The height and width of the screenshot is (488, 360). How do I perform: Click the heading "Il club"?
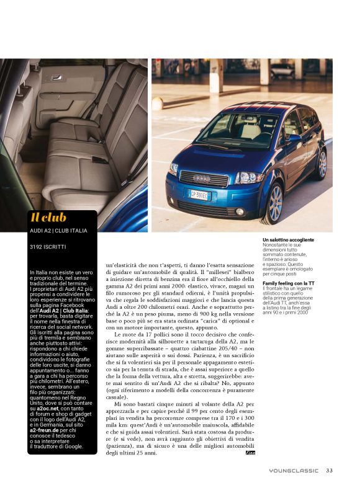(x=48, y=217)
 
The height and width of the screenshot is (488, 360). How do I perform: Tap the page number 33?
(x=330, y=470)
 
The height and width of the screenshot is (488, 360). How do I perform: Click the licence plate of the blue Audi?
(x=200, y=195)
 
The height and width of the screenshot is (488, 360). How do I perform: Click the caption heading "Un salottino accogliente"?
(x=288, y=239)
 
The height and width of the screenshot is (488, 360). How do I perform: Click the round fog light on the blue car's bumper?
(x=240, y=211)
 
